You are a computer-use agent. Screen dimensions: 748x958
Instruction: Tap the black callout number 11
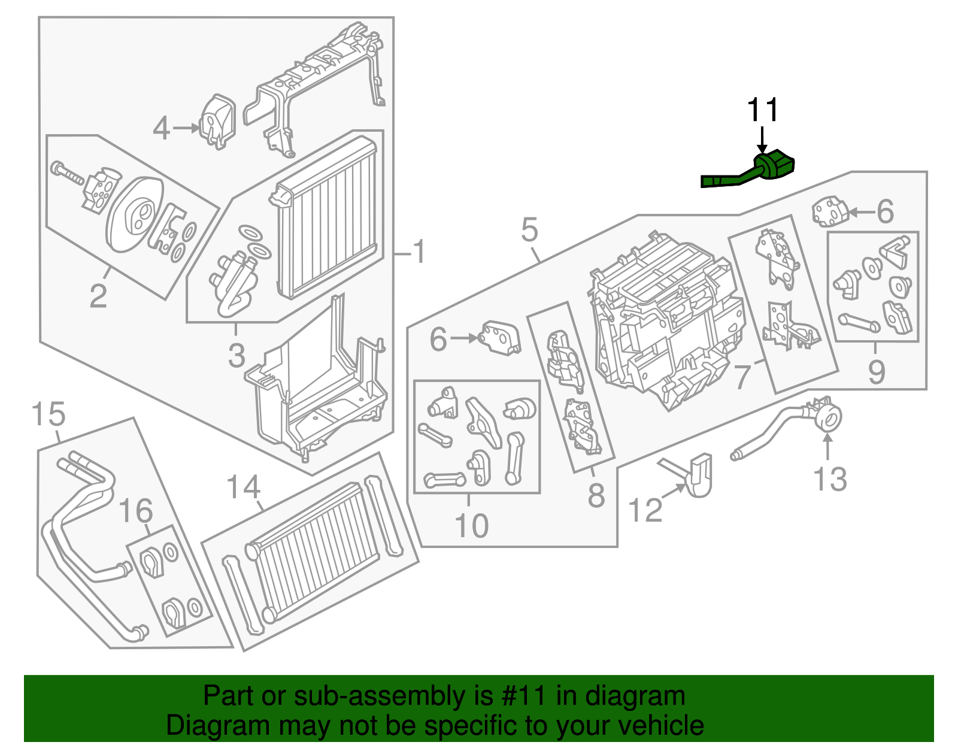[x=762, y=110]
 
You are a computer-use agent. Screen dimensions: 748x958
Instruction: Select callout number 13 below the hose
[x=830, y=479]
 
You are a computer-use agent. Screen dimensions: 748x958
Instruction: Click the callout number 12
[x=645, y=510]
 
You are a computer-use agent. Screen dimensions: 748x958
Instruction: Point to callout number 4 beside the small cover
[x=161, y=128]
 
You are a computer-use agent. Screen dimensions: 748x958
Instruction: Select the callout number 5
[x=529, y=230]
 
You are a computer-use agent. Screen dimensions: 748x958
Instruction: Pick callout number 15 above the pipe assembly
[x=48, y=414]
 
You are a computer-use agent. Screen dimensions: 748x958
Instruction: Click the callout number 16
[x=136, y=511]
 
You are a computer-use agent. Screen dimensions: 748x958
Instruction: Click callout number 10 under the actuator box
[x=471, y=526]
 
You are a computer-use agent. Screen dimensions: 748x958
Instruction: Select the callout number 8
[x=596, y=495]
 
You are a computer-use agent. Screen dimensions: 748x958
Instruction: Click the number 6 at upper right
[x=885, y=211]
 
